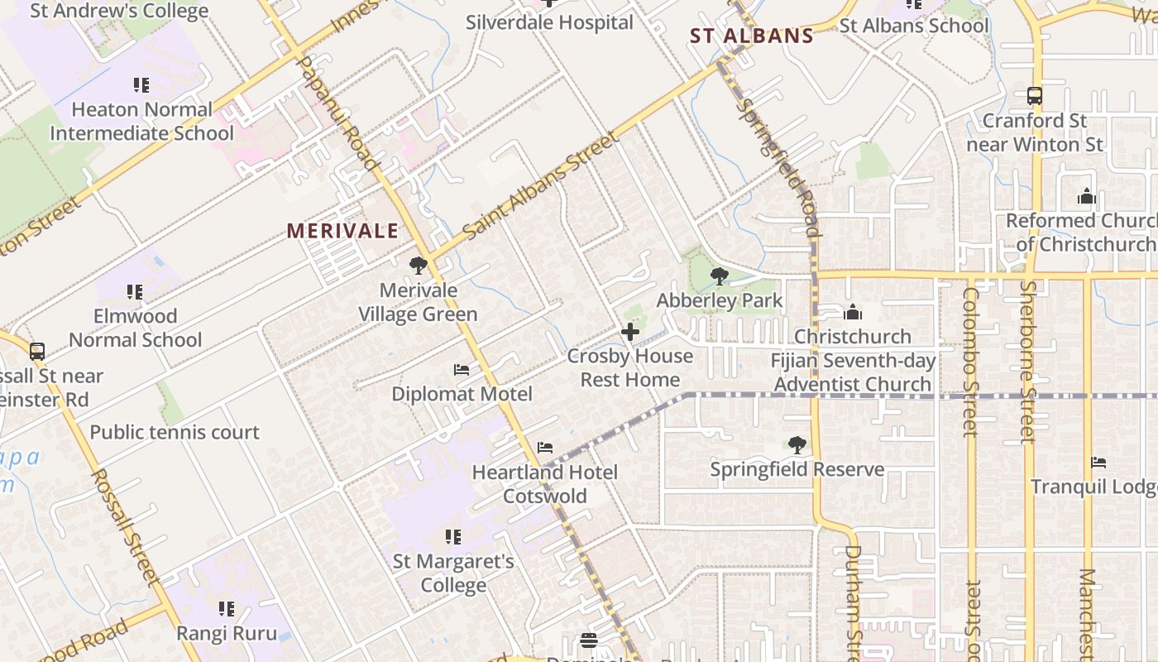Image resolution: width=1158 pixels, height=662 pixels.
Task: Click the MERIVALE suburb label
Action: tap(342, 231)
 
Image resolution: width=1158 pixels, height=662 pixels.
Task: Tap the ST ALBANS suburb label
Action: tap(752, 36)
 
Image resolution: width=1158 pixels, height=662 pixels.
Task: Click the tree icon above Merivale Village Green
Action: tap(419, 266)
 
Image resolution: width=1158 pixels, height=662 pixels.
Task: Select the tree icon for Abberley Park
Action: tap(720, 276)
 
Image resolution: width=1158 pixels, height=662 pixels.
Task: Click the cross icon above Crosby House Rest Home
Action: tap(630, 332)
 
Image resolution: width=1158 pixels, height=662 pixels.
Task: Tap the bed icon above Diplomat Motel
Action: tap(462, 369)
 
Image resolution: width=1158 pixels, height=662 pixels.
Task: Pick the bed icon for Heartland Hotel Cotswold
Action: tap(545, 448)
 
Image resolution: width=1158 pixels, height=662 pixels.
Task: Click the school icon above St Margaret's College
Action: tap(452, 537)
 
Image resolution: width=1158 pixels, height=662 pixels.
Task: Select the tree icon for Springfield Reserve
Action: tap(797, 445)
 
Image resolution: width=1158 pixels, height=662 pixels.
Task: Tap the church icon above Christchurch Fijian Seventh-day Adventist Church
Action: tap(853, 312)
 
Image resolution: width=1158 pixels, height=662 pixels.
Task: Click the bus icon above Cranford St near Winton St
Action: tap(1035, 96)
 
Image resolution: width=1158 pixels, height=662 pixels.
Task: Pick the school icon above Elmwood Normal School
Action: tap(135, 292)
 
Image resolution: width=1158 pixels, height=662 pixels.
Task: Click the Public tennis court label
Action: tap(175, 432)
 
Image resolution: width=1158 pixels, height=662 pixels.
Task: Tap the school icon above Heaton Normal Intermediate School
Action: tap(141, 85)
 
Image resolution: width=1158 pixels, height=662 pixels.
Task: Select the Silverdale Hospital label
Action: tap(549, 22)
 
